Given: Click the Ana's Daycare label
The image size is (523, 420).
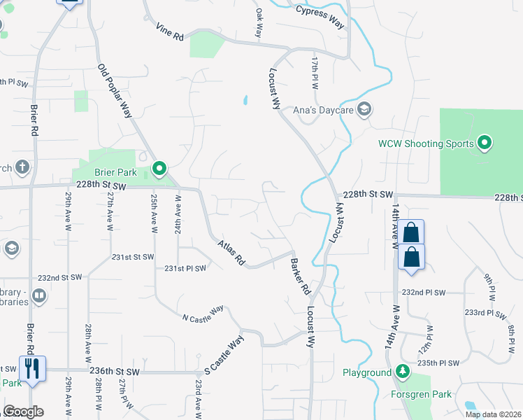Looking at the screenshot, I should click(x=324, y=109).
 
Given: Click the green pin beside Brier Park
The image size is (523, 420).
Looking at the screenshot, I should click(x=159, y=168).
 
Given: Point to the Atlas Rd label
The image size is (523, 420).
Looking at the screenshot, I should click(x=231, y=252).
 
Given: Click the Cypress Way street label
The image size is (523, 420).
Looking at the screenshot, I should click(x=320, y=16).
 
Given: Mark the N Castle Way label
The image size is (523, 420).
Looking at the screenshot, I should click(x=203, y=312).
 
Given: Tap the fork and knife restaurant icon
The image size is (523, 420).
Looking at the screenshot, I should click(x=31, y=367).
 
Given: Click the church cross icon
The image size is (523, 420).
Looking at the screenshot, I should click(x=22, y=167).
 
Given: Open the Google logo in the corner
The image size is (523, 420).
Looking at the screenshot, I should click(x=23, y=412).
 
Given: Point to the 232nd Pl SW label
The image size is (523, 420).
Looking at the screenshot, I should click(x=426, y=292).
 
